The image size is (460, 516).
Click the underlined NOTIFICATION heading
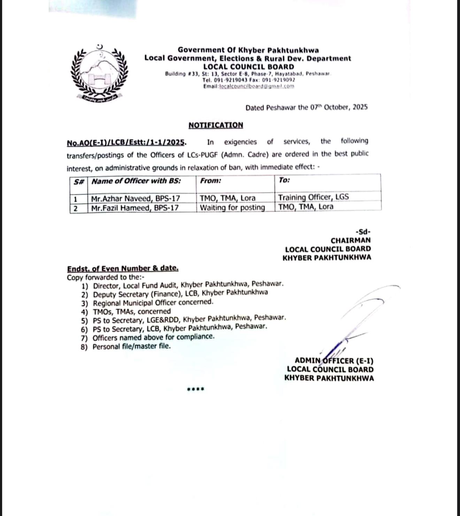pyautogui.click(x=216, y=125)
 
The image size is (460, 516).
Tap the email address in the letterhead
pyautogui.click(x=256, y=86)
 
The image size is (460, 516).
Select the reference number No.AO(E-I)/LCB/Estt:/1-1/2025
pyautogui.click(x=126, y=143)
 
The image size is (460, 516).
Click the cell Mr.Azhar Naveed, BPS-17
pyautogui.click(x=136, y=199)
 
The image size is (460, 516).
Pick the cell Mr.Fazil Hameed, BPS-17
pyautogui.click(x=135, y=208)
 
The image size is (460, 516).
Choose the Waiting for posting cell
pyautogui.click(x=232, y=208)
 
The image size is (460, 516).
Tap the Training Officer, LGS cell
pyautogui.click(x=313, y=197)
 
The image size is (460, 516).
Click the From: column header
pyautogui.click(x=210, y=181)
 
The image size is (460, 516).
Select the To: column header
pyautogui.click(x=284, y=180)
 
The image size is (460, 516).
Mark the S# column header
pyautogui.click(x=79, y=181)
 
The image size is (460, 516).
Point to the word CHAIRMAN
pyautogui.click(x=351, y=240)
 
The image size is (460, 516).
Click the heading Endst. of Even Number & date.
pyautogui.click(x=123, y=269)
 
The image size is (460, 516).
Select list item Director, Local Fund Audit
pyautogui.click(x=188, y=285)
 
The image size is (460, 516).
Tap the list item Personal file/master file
pyautogui.click(x=132, y=346)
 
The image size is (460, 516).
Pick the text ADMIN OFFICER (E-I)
pyautogui.click(x=334, y=361)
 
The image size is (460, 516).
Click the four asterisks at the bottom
pyautogui.click(x=195, y=389)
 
